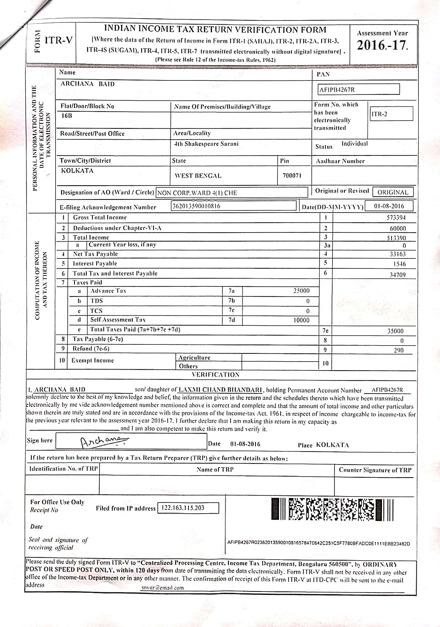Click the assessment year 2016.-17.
382,45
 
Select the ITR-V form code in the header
59,40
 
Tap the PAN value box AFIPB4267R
359,89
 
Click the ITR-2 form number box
391,114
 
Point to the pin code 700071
292,175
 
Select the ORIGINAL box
393,192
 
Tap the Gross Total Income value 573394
396,218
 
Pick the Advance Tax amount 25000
301,291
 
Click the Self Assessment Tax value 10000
301,320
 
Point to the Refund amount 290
399,350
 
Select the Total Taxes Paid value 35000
395,331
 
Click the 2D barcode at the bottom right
332,509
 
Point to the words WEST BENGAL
198,176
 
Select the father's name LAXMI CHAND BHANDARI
220,390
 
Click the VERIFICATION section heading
216,375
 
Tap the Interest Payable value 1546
399,264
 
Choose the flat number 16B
67,116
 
